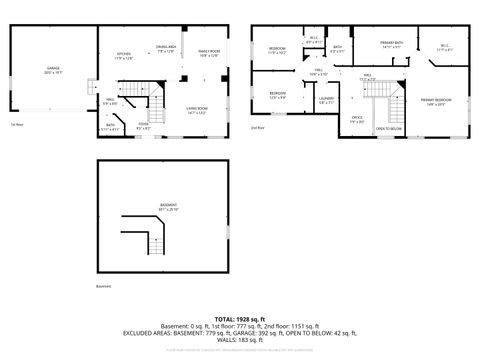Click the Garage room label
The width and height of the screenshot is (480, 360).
[x=52, y=69]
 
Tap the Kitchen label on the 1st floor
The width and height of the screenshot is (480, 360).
[x=125, y=55]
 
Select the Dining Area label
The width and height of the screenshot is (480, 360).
[x=166, y=49]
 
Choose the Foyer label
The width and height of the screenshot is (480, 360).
[x=144, y=125]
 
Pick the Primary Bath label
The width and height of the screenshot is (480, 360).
[x=391, y=44]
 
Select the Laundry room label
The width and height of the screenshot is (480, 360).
[x=326, y=99]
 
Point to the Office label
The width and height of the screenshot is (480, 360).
[x=357, y=120]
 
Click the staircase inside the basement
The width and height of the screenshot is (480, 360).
[x=155, y=239]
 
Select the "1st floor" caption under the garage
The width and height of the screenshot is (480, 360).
[x=16, y=124]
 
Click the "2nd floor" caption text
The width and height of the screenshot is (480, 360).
[x=258, y=128]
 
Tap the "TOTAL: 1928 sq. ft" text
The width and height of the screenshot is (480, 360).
[x=240, y=317]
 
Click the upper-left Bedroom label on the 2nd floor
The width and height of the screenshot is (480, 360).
[x=277, y=49]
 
